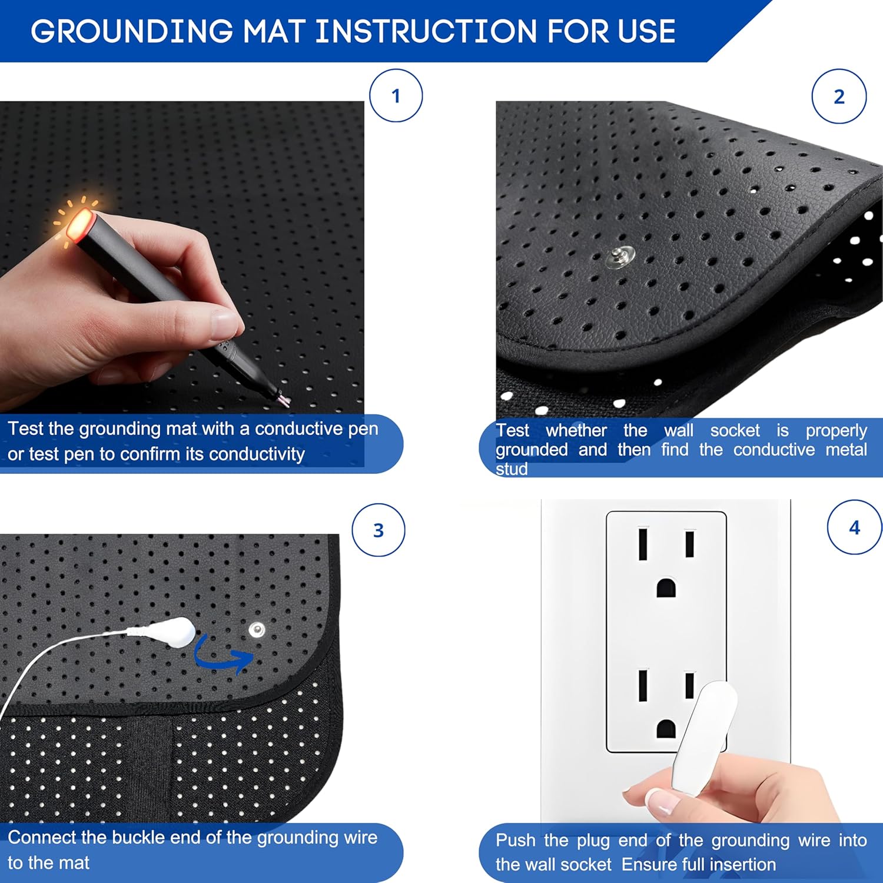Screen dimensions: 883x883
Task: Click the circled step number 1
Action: [x=396, y=96]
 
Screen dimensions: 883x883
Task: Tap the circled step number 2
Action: [x=839, y=97]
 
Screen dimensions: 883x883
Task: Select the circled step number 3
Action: [x=379, y=530]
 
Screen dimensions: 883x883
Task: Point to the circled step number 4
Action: [x=854, y=527]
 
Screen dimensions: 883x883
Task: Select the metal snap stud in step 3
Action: [x=256, y=630]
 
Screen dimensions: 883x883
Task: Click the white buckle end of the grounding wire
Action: [x=176, y=632]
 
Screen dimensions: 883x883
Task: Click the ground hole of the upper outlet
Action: [x=666, y=587]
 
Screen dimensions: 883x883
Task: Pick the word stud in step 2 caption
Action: [x=511, y=469]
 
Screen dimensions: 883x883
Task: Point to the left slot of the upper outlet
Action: [x=643, y=544]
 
